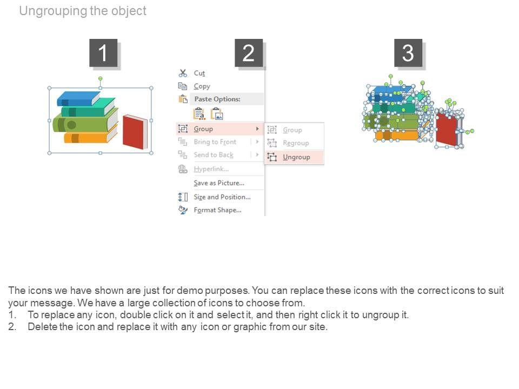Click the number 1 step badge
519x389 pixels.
[x=103, y=53]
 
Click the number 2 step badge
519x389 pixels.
[x=249, y=53]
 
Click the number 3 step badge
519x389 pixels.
[x=408, y=53]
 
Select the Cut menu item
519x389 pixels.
[x=199, y=73]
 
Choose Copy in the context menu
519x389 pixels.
[x=202, y=86]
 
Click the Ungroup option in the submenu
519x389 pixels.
[x=296, y=157]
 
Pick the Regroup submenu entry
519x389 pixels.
[x=296, y=143]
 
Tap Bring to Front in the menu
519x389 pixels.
[x=215, y=142]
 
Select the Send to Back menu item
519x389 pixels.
[x=214, y=155]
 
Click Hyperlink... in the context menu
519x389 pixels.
[x=211, y=169]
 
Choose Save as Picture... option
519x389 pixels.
[x=218, y=183]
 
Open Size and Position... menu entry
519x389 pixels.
[x=222, y=197]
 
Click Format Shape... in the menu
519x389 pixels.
[x=217, y=210]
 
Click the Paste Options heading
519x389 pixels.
[x=217, y=99]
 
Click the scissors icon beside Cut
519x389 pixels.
[x=183, y=73]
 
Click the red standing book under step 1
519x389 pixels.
[x=135, y=132]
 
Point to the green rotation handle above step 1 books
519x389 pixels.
[x=100, y=79]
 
